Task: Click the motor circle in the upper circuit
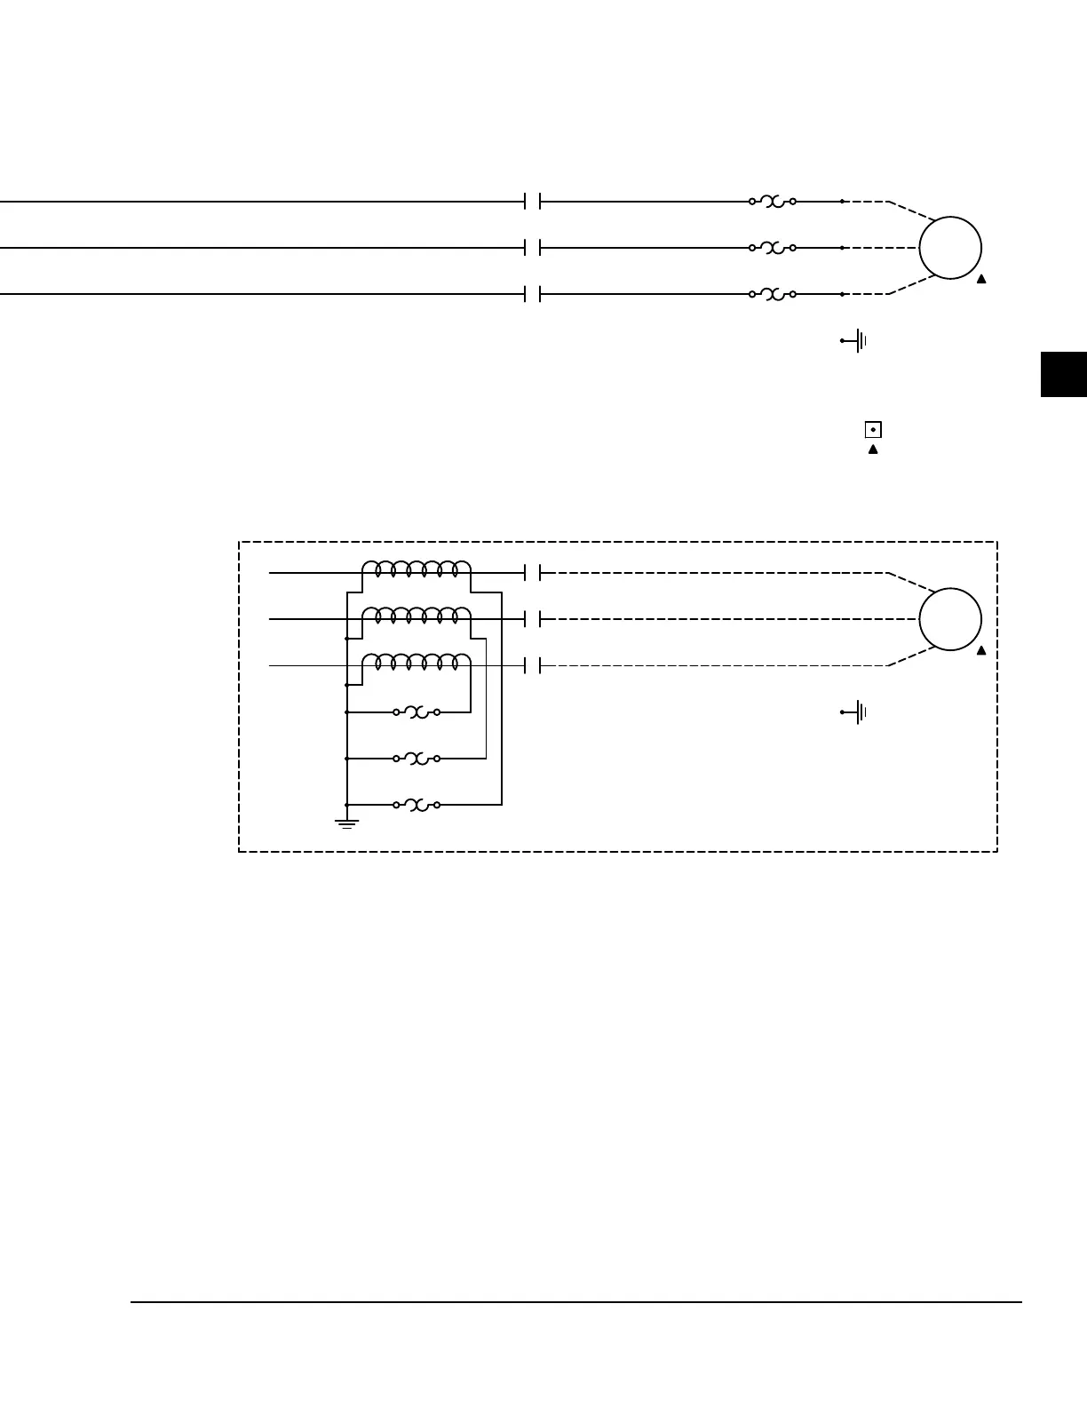tap(949, 248)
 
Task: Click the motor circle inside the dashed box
tap(949, 619)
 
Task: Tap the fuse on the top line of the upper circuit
tap(772, 202)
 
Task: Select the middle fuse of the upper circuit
tap(772, 248)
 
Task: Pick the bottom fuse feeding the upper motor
tap(772, 294)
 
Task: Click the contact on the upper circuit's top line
tap(533, 202)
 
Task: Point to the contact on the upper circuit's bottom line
tap(533, 294)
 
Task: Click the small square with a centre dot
tap(873, 430)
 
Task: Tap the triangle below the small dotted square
tap(873, 449)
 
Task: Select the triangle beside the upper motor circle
tap(981, 279)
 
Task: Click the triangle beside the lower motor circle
tap(981, 650)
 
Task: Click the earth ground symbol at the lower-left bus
tap(346, 823)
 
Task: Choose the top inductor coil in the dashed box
tap(416, 569)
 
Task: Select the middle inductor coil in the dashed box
tap(416, 616)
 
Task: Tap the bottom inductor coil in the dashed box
tap(416, 662)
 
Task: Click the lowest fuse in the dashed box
tap(417, 805)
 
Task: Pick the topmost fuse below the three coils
tap(417, 712)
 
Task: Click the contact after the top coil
tap(533, 573)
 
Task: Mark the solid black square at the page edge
tap(1063, 374)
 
